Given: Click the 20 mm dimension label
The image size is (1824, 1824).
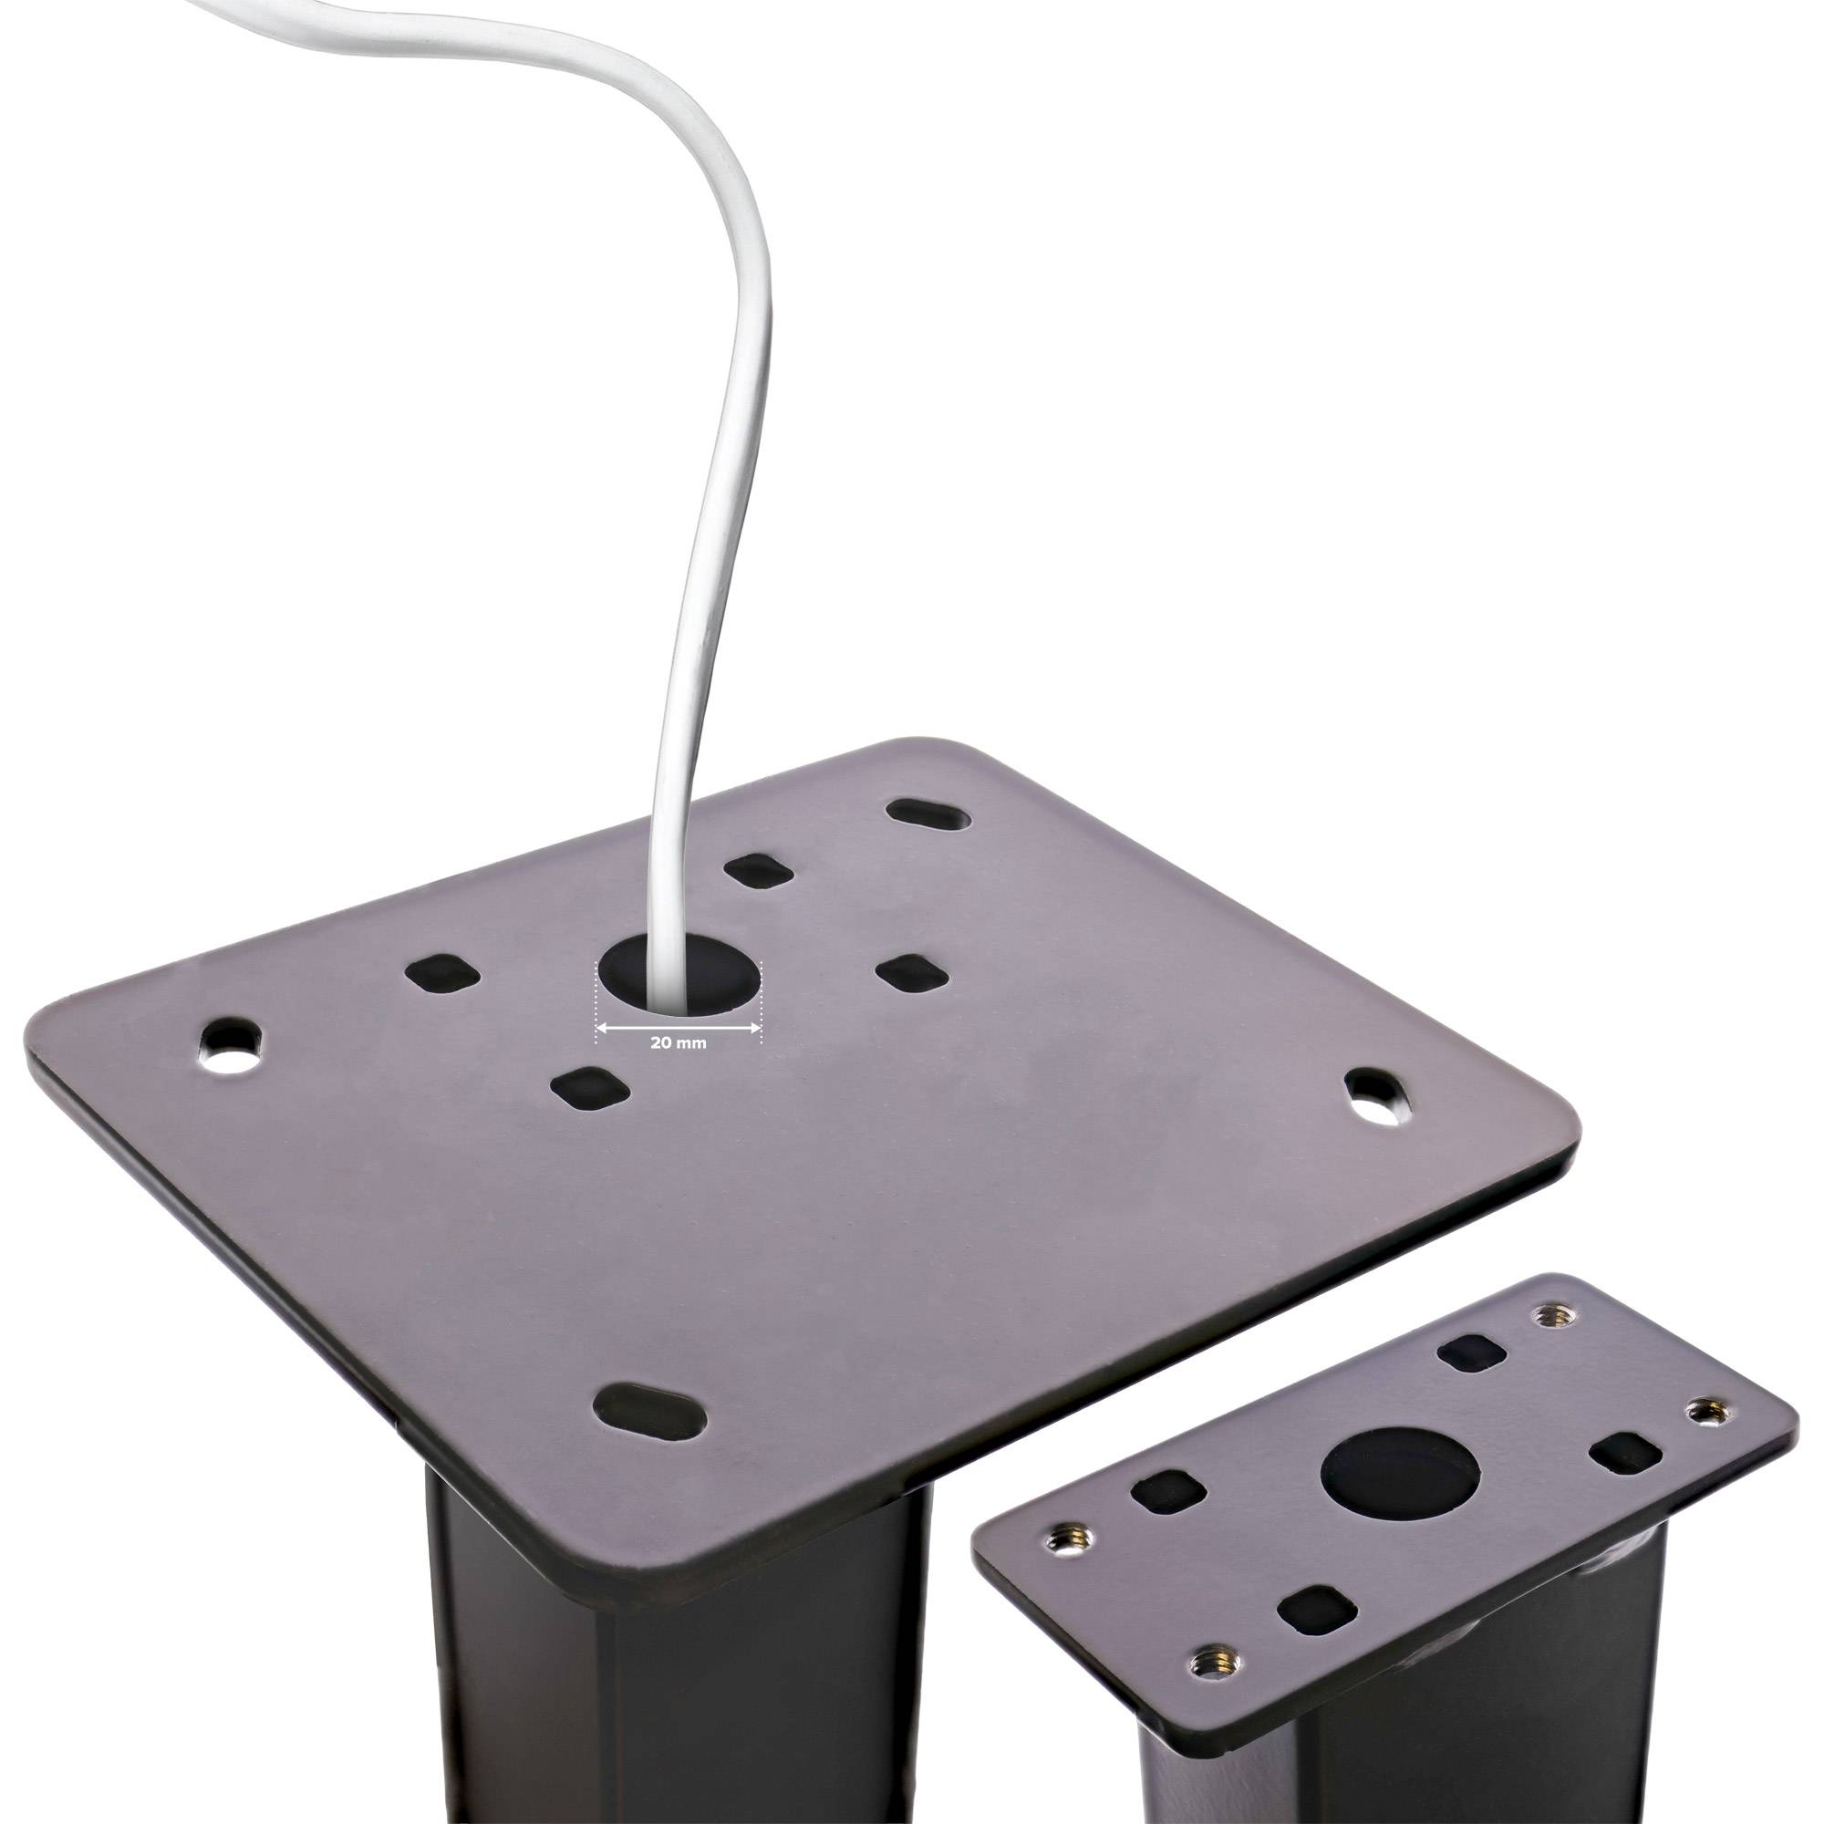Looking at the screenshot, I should click(678, 1044).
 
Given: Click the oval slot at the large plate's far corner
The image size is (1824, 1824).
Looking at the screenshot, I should click(927, 814).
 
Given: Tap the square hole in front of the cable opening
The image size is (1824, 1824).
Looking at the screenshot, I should click(590, 1090).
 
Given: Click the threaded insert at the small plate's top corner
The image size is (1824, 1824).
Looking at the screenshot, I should click(1547, 1314).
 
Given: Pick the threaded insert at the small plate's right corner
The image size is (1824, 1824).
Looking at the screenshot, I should click(1702, 1413).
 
